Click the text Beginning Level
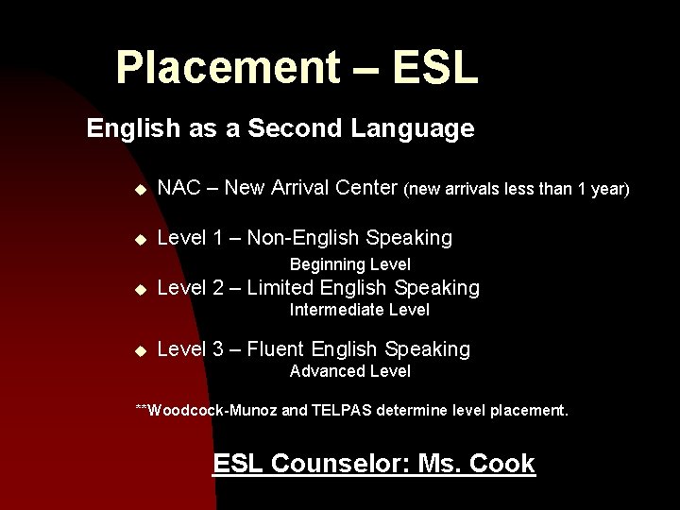pyautogui.click(x=349, y=264)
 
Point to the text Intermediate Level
pyautogui.click(x=359, y=310)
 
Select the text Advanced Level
pyautogui.click(x=349, y=371)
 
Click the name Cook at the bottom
pyautogui.click(x=501, y=464)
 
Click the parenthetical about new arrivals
pyautogui.click(x=516, y=190)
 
